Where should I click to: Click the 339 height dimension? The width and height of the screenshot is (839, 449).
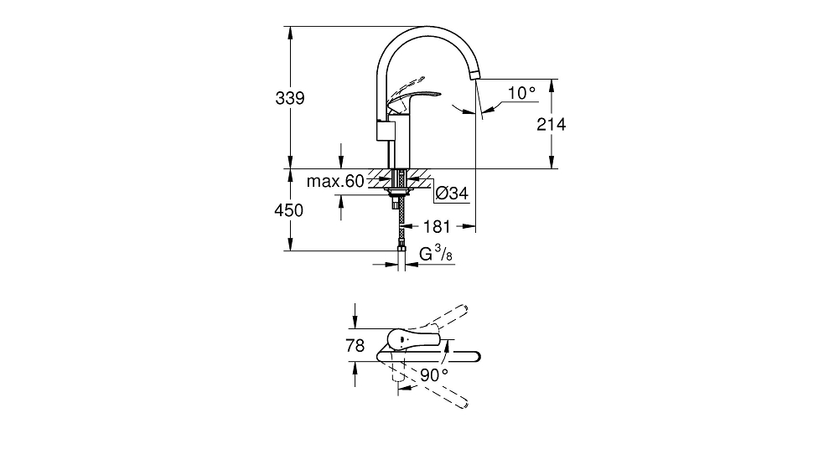289,98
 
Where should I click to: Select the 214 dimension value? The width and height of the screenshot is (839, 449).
552,125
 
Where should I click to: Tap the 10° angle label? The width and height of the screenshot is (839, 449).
521,92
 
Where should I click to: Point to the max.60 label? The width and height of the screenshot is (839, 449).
335,181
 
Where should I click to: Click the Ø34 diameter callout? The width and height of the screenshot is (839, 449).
452,193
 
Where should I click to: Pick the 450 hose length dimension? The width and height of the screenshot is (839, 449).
289,210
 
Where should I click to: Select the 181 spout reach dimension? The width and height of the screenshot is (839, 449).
438,227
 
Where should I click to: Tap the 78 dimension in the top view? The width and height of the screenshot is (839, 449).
355,346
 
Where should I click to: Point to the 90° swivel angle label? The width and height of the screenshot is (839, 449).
434,375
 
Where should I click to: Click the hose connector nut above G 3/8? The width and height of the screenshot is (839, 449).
401,247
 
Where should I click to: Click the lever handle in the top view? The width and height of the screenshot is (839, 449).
412,340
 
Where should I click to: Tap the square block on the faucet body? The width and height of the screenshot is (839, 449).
386,131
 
